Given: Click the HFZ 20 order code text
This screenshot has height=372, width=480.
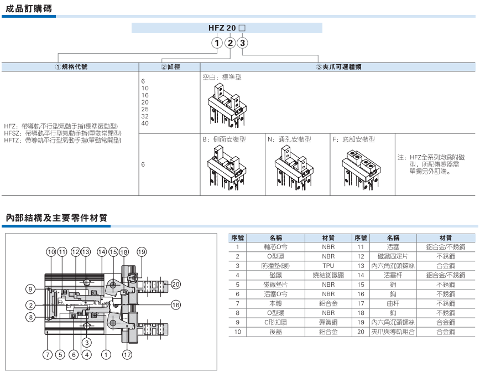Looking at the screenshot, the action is coord(222,28).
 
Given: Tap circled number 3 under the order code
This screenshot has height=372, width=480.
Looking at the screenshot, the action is coord(242,43).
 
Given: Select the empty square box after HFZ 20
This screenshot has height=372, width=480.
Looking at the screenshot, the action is coord(242,28).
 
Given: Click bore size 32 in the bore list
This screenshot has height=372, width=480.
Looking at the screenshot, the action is coord(145,116).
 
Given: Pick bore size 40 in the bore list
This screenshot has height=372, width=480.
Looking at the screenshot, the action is coord(145,123).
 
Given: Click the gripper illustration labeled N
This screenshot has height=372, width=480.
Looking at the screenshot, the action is coord(294,168).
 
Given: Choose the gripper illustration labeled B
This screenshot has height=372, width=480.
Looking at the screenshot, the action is coord(227,168).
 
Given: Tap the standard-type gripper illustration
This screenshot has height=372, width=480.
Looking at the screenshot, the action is coord(227,106).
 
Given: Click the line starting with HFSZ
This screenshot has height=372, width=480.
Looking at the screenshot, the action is coord(62,133).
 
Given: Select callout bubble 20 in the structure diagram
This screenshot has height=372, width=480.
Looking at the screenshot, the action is coord(176,285).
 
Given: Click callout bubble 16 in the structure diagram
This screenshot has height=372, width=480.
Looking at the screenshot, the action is coord(176,305).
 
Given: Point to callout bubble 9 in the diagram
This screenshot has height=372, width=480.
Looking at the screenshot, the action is coord(30,289).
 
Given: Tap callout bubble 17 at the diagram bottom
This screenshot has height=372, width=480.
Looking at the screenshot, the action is coord(127,355).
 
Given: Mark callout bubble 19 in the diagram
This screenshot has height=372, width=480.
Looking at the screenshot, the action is coord(142,252).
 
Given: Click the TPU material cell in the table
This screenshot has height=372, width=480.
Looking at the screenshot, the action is coord(328,266).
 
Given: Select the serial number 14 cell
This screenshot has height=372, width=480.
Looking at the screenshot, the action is coord(361,275).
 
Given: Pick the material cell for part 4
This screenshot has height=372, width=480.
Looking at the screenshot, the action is coord(328,275).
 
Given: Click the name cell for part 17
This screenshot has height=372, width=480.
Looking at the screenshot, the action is coord(393,303).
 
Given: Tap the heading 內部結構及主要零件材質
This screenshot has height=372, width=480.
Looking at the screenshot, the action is coord(56,218).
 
